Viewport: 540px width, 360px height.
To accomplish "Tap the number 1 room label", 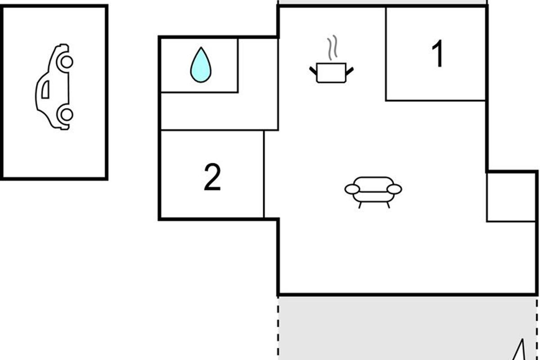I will (x=437, y=54).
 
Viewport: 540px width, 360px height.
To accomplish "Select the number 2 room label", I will (x=212, y=177).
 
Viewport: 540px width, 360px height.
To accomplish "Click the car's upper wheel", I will (x=66, y=62).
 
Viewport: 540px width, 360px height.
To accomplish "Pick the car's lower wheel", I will (x=66, y=114).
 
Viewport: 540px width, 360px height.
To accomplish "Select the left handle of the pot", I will (x=313, y=70).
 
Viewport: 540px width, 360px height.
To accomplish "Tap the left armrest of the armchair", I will (x=352, y=189).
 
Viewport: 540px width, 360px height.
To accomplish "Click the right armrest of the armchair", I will (x=394, y=189).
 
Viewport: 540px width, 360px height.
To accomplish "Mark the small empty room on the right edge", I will (x=512, y=197).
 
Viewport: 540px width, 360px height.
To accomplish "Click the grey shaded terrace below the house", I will (x=405, y=326).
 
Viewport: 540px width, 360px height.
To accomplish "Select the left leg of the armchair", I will (x=360, y=205).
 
